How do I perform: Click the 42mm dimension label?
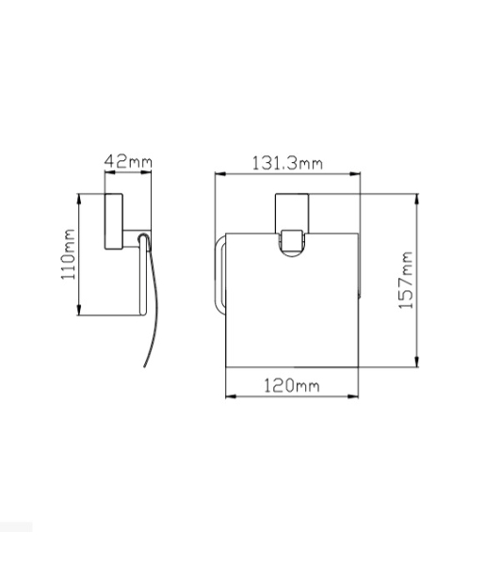[x=128, y=161]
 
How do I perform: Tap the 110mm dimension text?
[x=68, y=254]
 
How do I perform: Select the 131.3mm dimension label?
[x=287, y=163]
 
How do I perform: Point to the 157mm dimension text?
[x=406, y=280]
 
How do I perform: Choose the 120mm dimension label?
[x=292, y=385]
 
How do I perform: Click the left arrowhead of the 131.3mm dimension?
[x=220, y=173]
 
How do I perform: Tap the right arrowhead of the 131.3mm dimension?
[x=355, y=173]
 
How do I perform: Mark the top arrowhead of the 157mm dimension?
[x=417, y=200]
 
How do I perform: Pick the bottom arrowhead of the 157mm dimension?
[x=417, y=362]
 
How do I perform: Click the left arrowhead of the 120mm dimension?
[x=231, y=396]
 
